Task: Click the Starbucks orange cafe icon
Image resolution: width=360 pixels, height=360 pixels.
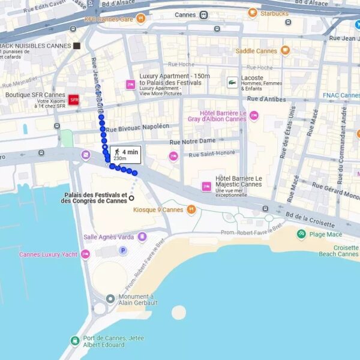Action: pos(253,13)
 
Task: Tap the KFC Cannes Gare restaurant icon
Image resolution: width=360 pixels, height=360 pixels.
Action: pos(140,19)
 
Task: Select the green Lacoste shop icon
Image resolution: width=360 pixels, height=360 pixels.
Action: pos(232,83)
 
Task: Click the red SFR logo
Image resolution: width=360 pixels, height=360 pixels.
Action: pos(74,100)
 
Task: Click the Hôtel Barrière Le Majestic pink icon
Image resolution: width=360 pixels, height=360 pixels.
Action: pos(206,187)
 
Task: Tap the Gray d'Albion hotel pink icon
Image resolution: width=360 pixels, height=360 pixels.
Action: pos(254,115)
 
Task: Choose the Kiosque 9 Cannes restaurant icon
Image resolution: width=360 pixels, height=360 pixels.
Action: pos(191,209)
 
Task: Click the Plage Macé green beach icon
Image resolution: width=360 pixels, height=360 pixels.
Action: pos(301,234)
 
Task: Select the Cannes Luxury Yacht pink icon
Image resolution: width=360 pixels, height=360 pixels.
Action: pos(85,254)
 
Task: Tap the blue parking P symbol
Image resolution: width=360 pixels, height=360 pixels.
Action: pos(123,250)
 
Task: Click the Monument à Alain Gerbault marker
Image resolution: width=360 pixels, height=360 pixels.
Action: pos(110,299)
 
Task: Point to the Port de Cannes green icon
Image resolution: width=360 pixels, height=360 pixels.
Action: pos(74,341)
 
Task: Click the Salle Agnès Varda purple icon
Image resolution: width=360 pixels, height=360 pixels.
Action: pos(142,237)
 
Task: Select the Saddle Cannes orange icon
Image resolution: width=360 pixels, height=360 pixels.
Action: pos(285,51)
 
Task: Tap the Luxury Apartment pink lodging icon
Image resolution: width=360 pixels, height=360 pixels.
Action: pos(130,85)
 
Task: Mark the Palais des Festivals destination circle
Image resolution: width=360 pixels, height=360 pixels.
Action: pos(131,198)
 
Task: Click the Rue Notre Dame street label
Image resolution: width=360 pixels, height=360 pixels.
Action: pos(192,141)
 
